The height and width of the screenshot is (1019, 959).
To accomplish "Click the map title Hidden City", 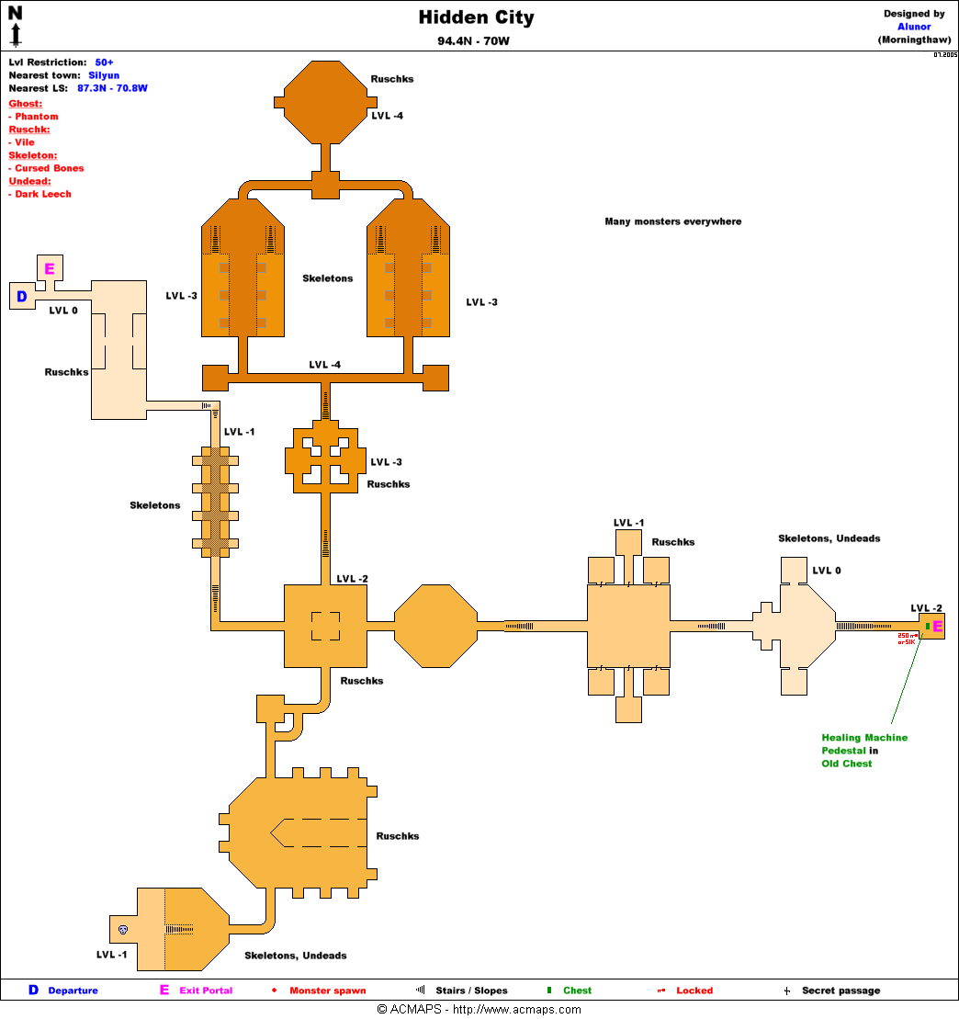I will point(476,17).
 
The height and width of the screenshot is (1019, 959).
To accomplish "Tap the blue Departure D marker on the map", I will point(21,296).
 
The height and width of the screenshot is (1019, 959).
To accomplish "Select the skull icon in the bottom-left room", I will point(123,929).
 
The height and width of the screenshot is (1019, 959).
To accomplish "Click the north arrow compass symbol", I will point(16,25).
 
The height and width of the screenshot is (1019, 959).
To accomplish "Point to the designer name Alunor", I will point(914,27).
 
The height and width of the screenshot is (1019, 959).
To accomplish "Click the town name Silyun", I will point(104,75).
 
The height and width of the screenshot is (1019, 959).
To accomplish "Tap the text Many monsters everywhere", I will point(672,221).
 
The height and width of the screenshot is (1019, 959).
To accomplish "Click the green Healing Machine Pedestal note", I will point(864,750).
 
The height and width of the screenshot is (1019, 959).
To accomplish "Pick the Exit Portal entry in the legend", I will point(206,991).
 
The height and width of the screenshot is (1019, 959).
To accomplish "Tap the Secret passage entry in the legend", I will point(840,991).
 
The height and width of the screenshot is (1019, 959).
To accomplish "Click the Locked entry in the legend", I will point(694,991).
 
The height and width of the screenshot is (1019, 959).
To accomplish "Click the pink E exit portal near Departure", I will point(50,268).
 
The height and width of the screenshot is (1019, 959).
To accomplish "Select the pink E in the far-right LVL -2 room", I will point(937,627).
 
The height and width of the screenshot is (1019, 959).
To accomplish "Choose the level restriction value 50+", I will point(104,62).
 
